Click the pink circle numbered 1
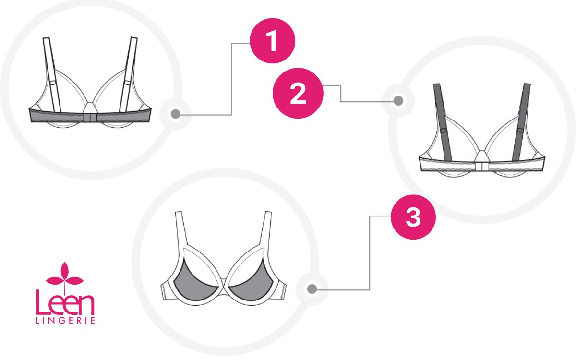[x=273, y=41]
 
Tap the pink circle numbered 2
[x=298, y=93]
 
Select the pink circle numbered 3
[x=413, y=217]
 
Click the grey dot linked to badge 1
[x=176, y=114]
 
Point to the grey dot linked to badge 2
[x=398, y=100]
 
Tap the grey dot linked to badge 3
[x=312, y=289]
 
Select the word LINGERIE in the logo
[x=65, y=321]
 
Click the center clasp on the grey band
[x=90, y=118]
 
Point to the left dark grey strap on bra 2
[x=443, y=122]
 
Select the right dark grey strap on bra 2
[x=521, y=122]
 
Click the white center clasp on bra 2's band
[x=482, y=166]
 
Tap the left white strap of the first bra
[x=52, y=74]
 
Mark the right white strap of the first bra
[x=128, y=74]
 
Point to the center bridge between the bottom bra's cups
[x=224, y=282]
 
